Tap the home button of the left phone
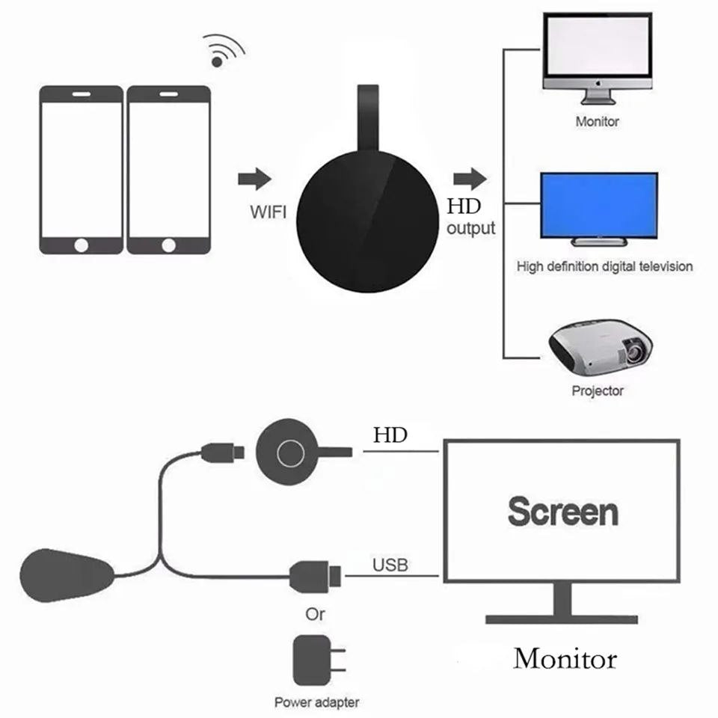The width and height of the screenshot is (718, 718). (x=82, y=245)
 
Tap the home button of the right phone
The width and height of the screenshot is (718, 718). (x=168, y=245)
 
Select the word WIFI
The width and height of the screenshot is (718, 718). (x=268, y=212)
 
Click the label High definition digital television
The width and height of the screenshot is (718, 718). (x=604, y=266)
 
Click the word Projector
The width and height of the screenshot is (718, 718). (x=597, y=390)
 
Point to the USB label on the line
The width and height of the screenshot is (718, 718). (x=390, y=565)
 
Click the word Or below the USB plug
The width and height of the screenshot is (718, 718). (x=316, y=614)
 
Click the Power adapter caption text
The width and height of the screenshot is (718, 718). (x=316, y=702)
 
